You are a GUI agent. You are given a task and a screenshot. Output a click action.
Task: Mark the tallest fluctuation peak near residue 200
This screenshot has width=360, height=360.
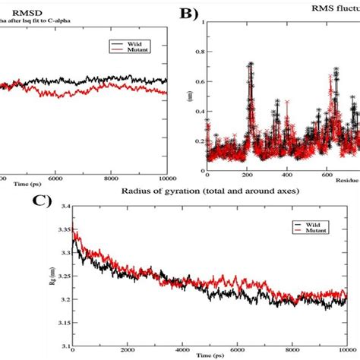250,65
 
